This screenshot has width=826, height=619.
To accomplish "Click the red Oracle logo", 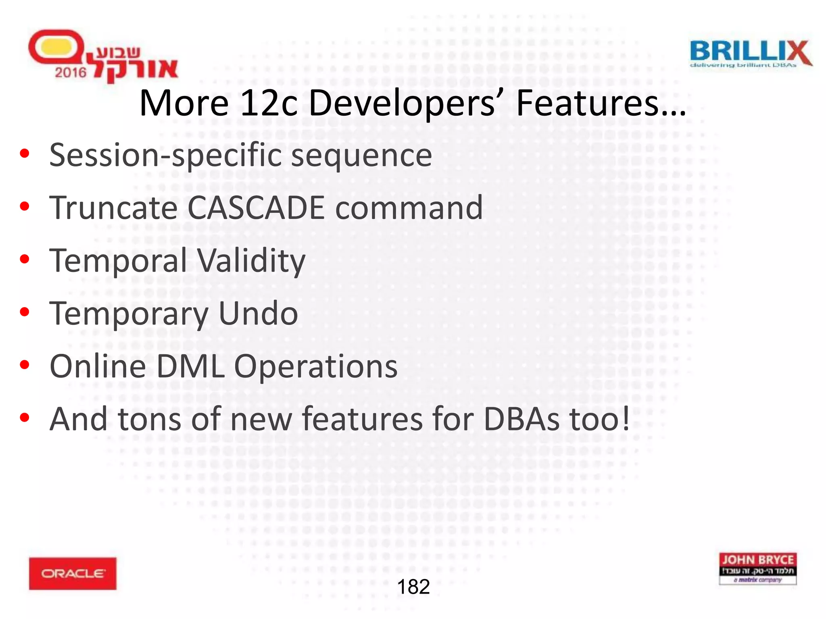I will click(73, 573).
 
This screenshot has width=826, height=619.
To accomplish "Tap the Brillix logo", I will click(751, 54).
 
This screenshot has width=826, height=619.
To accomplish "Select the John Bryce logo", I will click(757, 568).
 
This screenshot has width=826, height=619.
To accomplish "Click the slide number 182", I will click(413, 587).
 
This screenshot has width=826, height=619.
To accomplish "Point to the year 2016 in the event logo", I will click(71, 73).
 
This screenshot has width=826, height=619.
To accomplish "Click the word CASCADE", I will click(256, 208).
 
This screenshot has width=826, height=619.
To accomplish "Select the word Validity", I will click(252, 261).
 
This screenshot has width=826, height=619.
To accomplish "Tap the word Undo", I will click(258, 314).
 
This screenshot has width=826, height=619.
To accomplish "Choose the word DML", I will click(190, 366).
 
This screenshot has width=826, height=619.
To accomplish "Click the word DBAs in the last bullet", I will click(521, 419).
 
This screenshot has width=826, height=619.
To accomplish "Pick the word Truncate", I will click(113, 208).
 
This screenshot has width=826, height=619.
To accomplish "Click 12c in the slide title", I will click(269, 103).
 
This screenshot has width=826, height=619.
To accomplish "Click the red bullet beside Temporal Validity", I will click(25, 260).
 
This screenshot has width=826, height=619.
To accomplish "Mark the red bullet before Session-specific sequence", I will click(25, 154).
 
